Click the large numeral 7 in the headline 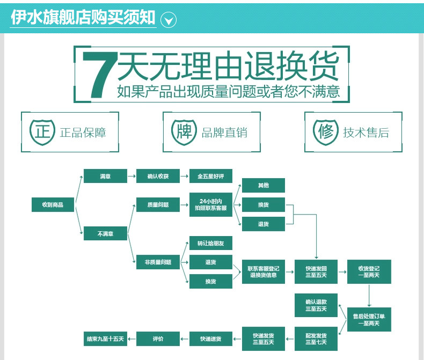(100, 75)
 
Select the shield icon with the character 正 (42, 131)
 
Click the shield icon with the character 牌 (184, 131)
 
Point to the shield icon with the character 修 (326, 131)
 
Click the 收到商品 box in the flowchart (53, 204)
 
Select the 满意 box (105, 176)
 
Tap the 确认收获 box (157, 176)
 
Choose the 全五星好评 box (211, 176)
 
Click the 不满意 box (105, 233)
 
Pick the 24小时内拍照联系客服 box (210, 204)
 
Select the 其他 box (263, 186)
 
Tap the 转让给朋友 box (210, 244)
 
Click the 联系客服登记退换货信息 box (264, 271)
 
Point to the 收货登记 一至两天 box (369, 271)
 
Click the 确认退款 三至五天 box (316, 305)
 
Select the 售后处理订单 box (369, 320)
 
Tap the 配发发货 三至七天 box (316, 339)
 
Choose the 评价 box (158, 339)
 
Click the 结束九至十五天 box (105, 339)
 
